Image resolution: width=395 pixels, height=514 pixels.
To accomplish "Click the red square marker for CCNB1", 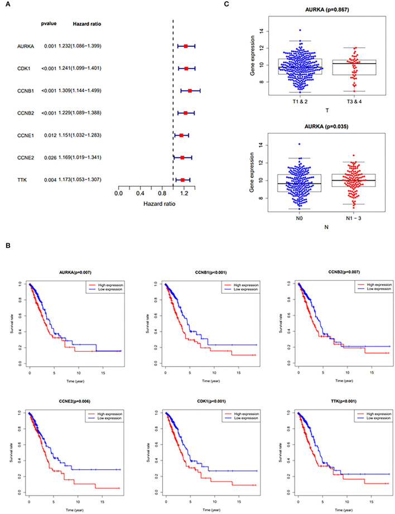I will pos(190,90).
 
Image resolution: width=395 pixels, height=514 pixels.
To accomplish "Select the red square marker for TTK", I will pos(182,180).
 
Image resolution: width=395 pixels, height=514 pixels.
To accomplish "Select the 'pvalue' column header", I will pos(49,23).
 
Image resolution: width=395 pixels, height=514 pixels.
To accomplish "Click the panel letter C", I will pos(225,6).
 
